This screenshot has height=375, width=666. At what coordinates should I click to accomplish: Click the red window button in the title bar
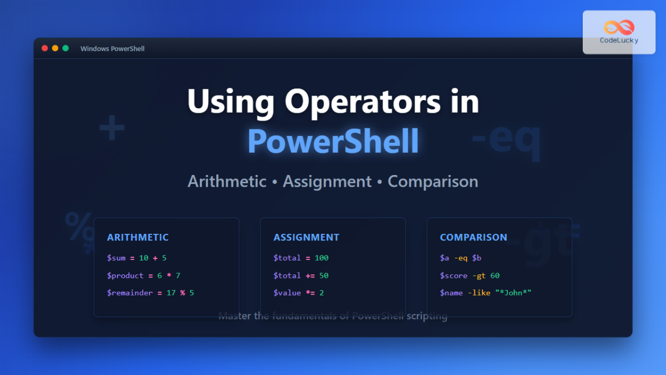(x=45, y=48)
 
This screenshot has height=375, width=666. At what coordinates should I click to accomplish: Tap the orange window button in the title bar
(x=55, y=48)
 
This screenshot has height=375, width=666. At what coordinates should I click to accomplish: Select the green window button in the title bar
(x=65, y=48)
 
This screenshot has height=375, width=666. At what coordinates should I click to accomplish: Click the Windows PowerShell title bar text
(x=112, y=49)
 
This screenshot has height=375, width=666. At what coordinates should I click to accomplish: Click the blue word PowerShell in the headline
(x=333, y=141)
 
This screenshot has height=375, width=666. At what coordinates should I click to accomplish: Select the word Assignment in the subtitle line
(x=327, y=181)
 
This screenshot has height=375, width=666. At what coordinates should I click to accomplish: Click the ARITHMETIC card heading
(x=138, y=237)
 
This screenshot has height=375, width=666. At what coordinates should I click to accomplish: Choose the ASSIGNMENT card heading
(x=306, y=237)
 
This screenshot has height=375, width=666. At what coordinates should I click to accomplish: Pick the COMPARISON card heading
(x=473, y=237)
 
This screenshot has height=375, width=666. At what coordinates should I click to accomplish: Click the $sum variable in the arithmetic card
(x=116, y=258)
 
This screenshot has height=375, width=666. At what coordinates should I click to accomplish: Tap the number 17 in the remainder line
(x=171, y=293)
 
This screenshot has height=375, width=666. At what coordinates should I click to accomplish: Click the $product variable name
(x=125, y=276)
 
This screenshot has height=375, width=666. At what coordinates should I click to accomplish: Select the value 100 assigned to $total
(x=321, y=258)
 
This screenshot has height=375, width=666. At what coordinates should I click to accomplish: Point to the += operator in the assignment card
(x=310, y=276)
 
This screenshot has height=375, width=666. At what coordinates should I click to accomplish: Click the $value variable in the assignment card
(x=287, y=293)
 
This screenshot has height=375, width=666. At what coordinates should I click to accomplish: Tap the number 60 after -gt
(x=495, y=276)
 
